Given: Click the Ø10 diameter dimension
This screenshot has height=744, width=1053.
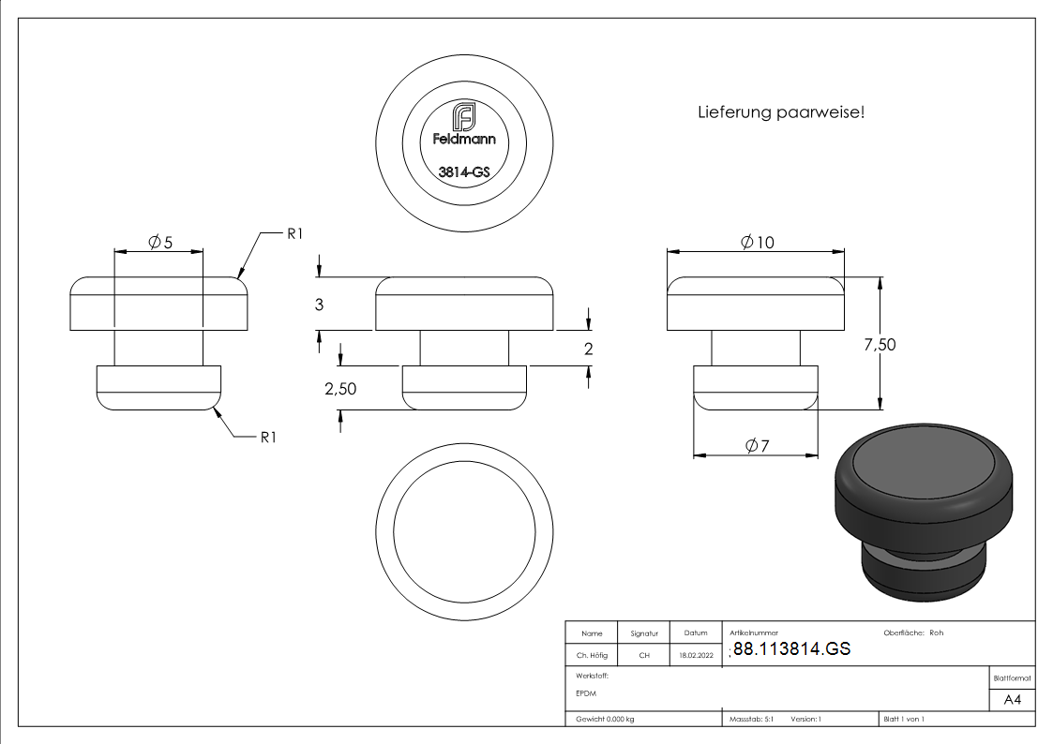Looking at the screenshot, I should (x=757, y=242).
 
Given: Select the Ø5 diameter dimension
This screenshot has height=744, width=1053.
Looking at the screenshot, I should (x=160, y=243).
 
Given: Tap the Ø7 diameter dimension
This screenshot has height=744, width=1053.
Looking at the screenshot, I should (x=757, y=446).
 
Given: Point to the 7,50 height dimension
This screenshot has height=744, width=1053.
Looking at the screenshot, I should (x=879, y=345).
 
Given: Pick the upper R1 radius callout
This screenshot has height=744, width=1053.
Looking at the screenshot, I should (x=294, y=234).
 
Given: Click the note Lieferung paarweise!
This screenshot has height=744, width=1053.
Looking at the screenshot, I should (x=780, y=112).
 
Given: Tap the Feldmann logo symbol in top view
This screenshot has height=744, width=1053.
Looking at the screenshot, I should (x=463, y=118).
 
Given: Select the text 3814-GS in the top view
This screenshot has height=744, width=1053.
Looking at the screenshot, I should (x=463, y=172).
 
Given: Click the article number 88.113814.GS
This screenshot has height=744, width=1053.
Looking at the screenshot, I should (x=791, y=649).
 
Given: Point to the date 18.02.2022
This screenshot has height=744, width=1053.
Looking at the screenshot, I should (x=696, y=656).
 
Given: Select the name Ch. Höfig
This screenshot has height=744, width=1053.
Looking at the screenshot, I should (x=591, y=656).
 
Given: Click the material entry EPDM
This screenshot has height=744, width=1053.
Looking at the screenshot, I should (x=586, y=693).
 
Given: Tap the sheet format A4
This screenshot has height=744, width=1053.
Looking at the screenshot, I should (x=1012, y=700).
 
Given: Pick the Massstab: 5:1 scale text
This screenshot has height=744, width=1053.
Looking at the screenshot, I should (x=751, y=719).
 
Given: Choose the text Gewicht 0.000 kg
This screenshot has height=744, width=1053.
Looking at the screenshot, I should (x=605, y=719).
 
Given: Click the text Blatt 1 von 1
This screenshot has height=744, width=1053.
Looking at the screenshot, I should (x=904, y=719).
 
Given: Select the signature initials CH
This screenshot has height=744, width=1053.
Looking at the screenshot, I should (x=644, y=656).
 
